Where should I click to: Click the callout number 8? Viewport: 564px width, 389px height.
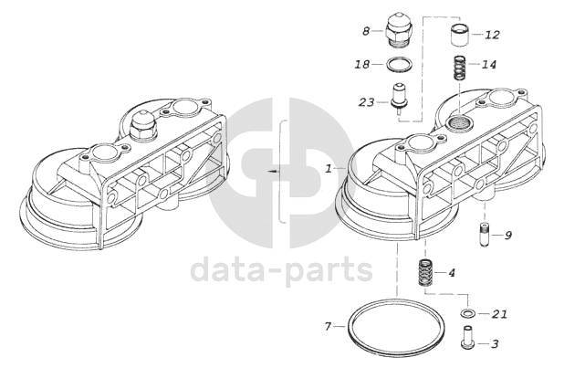point(366,31)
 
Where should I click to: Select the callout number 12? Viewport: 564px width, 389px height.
point(492,35)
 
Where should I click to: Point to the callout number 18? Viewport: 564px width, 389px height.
point(362,65)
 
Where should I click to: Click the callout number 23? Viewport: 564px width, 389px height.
point(367,101)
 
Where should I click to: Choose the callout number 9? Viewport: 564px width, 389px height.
point(507,235)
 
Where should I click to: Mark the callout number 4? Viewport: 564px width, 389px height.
point(452,272)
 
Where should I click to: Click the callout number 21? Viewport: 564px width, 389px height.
point(498,314)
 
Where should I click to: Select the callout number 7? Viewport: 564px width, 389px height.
point(328,326)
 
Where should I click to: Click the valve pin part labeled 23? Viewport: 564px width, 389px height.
point(399,96)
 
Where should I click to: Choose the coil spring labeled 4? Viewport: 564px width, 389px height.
point(424,271)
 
